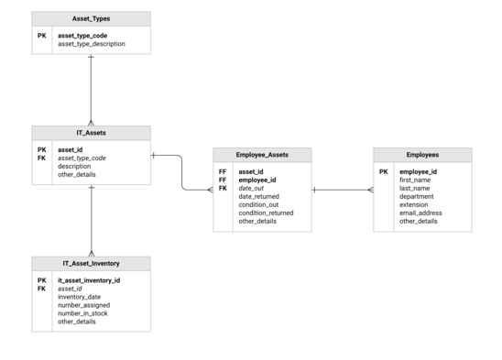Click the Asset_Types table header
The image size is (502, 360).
[91, 18]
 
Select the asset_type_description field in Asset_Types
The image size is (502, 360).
[92, 44]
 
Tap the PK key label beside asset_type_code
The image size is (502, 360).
[42, 36]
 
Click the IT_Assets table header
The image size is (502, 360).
[91, 133]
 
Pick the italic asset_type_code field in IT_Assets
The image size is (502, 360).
[82, 158]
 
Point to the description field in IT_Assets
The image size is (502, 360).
[75, 166]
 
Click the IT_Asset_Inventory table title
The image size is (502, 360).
[91, 264]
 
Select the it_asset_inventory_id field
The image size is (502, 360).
[89, 280]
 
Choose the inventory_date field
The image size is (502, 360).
[79, 297]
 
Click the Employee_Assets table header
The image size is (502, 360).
[262, 155]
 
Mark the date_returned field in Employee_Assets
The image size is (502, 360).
[258, 196]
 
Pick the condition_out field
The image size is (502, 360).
[258, 204]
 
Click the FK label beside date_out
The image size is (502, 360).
[223, 188]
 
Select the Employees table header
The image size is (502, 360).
[422, 155]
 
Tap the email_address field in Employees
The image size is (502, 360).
[420, 213]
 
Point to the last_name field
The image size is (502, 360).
[416, 188]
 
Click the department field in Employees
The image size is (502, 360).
[417, 196]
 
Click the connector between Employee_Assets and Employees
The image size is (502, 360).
[343, 191]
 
